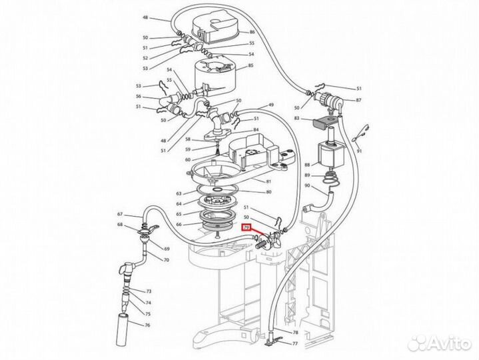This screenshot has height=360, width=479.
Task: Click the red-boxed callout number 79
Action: coord(246,228)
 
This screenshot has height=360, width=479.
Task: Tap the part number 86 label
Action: coord(252,32)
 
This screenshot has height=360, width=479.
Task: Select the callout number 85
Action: coord(251,66)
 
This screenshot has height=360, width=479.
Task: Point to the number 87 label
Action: coord(358,100)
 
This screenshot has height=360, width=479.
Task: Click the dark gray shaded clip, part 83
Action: coord(324,122)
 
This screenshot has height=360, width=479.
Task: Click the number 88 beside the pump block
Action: coord(307,165)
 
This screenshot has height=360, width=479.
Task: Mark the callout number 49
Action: coord(271,105)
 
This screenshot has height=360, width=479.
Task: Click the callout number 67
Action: coord(120,214)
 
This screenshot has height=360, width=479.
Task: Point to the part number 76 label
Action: coord(149,325)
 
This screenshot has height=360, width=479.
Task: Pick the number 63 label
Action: coord(179,193)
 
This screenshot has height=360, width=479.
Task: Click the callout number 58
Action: coord(188,139)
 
